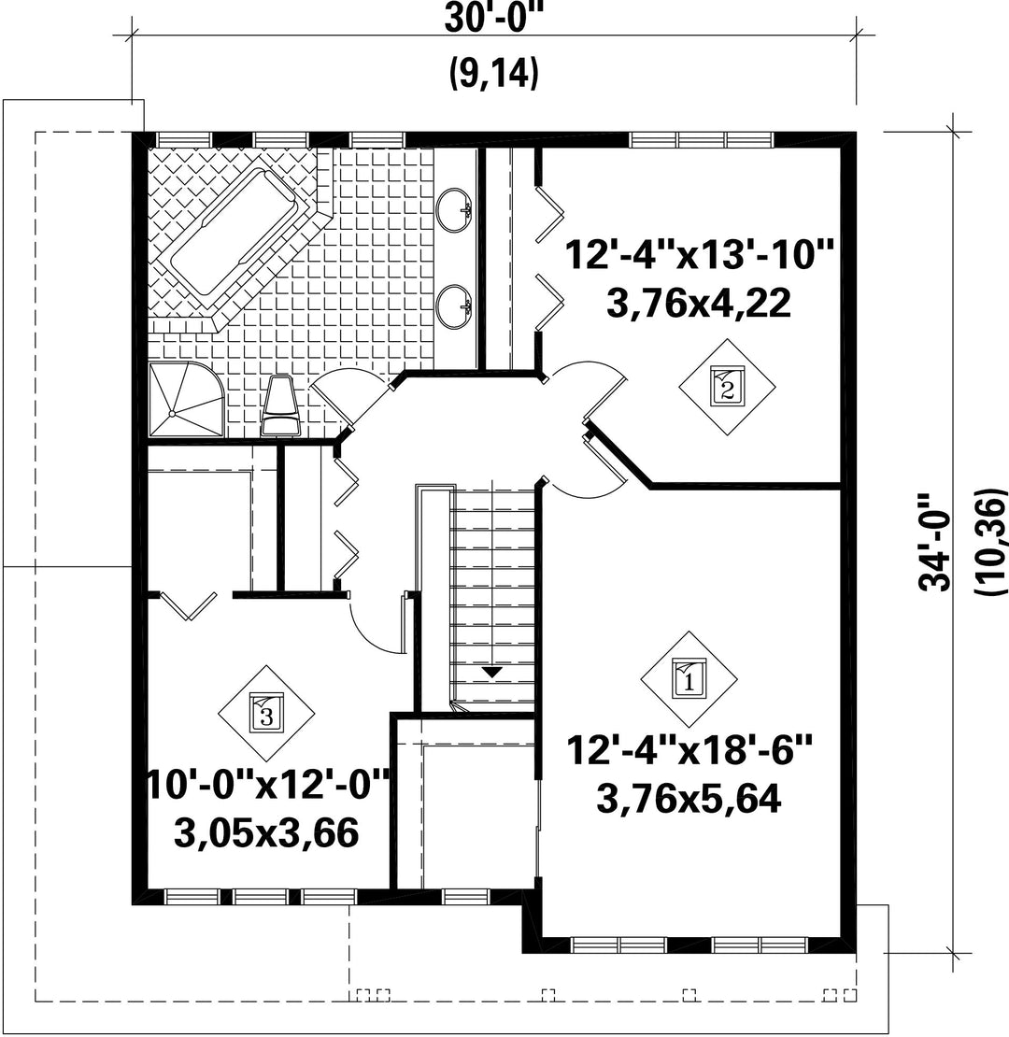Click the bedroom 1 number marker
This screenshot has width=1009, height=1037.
pos(689,679)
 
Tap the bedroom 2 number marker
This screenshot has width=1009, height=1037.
pos(728,387)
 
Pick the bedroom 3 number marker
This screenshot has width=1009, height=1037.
pos(266,713)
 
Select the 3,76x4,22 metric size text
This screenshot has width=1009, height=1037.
pos(698,305)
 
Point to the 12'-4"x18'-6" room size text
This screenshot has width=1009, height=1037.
pos(689,751)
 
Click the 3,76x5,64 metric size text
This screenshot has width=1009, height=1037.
pos(689,799)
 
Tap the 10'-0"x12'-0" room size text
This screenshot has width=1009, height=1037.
pos(267,786)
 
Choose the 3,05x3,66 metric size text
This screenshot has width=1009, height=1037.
pos(266,833)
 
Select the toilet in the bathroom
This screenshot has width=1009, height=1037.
pos(281,405)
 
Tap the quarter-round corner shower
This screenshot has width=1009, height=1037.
pos(186,399)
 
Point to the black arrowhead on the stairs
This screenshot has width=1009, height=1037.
pos(492,672)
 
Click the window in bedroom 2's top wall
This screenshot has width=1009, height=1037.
pos(701,140)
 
